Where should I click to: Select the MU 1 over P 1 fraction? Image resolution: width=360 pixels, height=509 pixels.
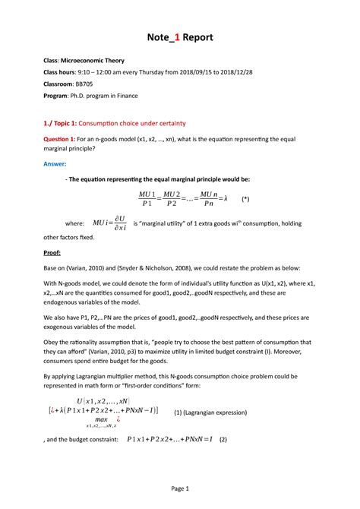(146, 198)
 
